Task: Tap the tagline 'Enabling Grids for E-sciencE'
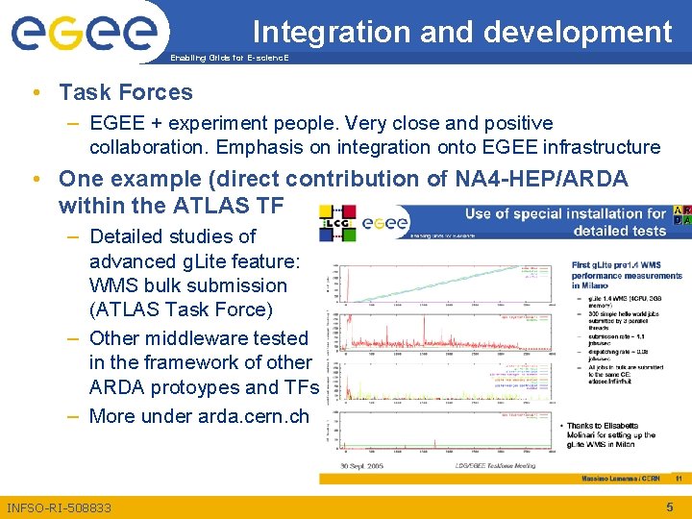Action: (229, 59)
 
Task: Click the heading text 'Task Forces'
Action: (125, 92)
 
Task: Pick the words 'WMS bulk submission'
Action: (187, 285)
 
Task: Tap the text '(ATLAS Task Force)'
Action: (181, 309)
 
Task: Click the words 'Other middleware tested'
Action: (198, 338)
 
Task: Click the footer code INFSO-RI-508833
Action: (59, 507)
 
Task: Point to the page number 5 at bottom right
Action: (670, 507)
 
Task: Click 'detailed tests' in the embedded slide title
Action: (619, 231)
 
